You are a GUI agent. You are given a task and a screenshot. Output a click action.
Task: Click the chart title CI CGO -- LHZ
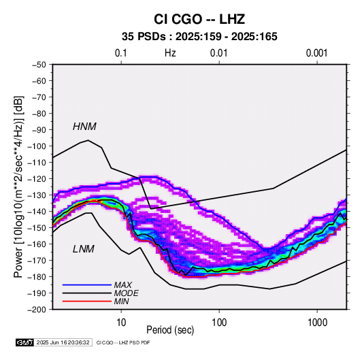coord(199,19)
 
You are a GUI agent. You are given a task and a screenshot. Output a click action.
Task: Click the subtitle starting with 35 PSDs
coord(199,37)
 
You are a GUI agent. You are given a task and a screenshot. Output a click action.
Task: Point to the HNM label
coord(84,127)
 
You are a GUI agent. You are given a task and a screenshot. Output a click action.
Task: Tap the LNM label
coord(84,249)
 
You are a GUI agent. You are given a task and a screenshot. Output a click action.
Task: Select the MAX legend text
coord(123,284)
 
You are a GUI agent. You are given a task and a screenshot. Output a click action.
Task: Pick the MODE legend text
coord(127,293)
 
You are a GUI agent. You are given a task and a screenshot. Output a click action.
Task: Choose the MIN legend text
coord(121,301)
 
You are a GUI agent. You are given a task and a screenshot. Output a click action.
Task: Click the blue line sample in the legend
coord(87,284)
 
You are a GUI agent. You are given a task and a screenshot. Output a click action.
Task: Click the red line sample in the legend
coord(87,301)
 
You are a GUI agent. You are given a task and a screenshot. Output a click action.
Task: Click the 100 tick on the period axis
coord(219,323)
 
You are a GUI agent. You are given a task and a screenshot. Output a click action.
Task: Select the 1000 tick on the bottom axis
coord(317,323)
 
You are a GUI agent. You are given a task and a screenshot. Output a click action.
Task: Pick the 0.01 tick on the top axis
coord(219,53)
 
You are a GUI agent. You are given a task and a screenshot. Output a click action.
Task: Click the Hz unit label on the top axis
coord(170,53)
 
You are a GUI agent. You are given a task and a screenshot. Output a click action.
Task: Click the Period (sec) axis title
coord(170,330)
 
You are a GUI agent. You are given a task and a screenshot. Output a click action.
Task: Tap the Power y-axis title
coord(18,186)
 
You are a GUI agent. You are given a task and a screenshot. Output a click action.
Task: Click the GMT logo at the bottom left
coord(24,342)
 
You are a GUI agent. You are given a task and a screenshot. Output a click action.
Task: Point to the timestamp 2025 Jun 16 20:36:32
coord(63,342)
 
